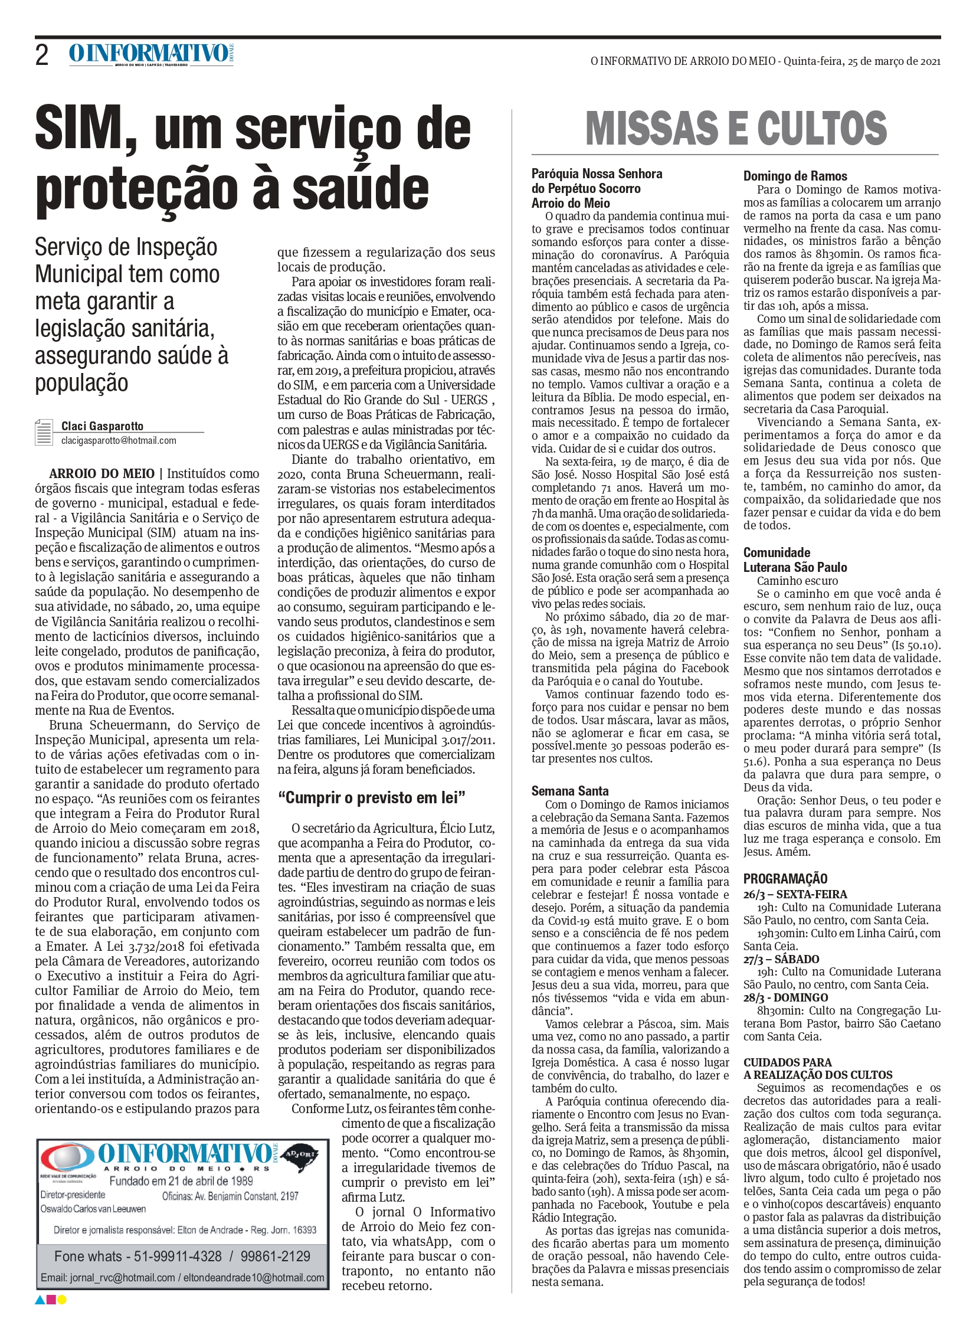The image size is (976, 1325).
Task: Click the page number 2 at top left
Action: (42, 55)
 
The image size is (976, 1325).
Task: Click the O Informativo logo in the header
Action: (151, 54)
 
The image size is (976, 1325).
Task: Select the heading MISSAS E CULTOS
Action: (736, 128)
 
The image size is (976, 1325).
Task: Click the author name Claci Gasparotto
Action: (102, 426)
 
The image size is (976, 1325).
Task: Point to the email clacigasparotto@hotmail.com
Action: (119, 440)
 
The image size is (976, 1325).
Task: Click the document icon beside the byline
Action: (44, 432)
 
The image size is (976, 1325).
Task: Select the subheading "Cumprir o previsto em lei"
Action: (372, 798)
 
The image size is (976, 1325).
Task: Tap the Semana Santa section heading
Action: (569, 791)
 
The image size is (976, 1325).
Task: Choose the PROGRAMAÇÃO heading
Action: (785, 878)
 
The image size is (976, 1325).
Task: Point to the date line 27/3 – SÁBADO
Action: (781, 958)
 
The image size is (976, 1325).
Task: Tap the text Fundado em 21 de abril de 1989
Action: (181, 1181)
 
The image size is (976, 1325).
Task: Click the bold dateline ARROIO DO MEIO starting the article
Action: (101, 473)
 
